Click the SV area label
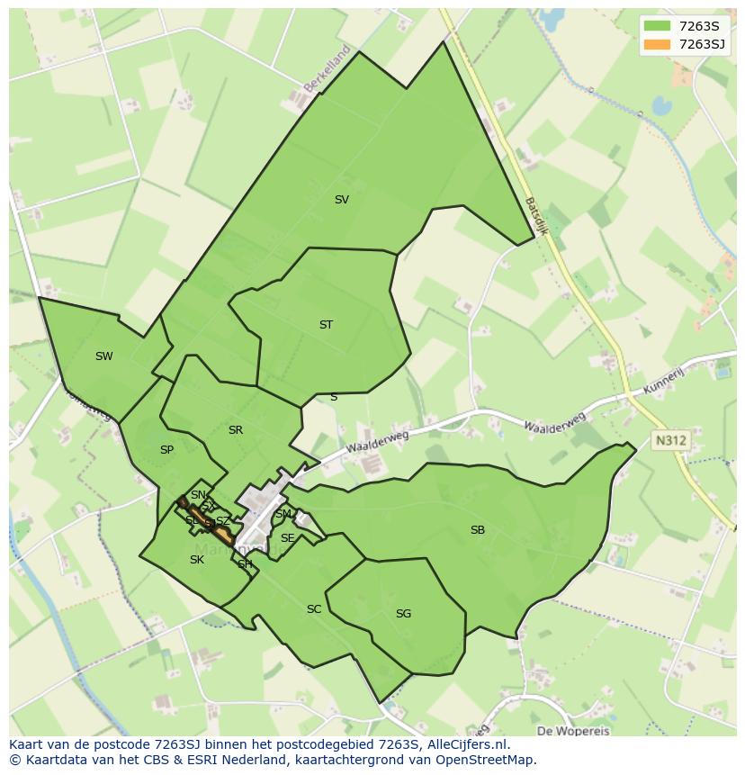click(341, 200)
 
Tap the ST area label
click(326, 325)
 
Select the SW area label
click(104, 356)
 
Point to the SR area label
click(236, 430)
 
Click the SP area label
click(166, 450)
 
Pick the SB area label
click(478, 530)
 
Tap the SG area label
click(403, 614)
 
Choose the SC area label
click(314, 609)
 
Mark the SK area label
click(197, 560)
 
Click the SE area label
click(287, 538)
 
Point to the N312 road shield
click(670, 440)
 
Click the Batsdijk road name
click(536, 216)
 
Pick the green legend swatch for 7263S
click(658, 26)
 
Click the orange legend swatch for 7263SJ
click(658, 44)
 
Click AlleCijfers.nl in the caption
click(468, 744)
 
